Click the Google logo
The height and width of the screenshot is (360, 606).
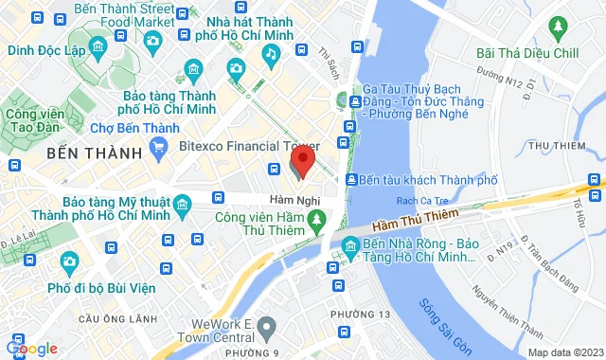(30, 349)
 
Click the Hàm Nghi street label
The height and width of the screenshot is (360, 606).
(294, 200)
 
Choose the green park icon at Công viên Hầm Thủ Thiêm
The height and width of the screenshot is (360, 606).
(321, 221)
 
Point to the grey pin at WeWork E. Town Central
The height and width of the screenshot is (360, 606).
(268, 328)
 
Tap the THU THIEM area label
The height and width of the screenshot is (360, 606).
(554, 145)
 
